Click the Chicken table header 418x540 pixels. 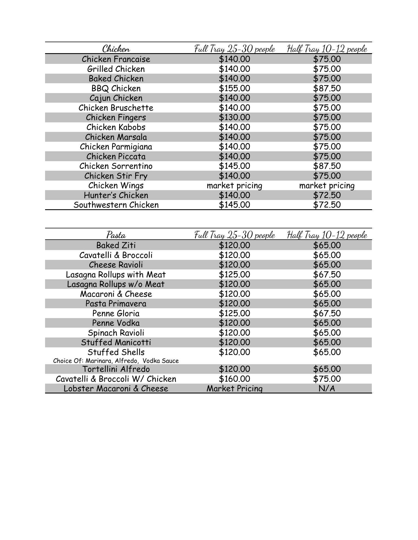pyautogui.click(x=116, y=49)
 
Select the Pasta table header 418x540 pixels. pyautogui.click(x=116, y=235)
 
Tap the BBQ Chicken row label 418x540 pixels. pyautogui.click(x=116, y=88)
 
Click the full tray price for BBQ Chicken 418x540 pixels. pyautogui.click(x=234, y=88)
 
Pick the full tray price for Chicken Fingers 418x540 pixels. pyautogui.click(x=234, y=117)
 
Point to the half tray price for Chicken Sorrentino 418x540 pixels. pyautogui.click(x=327, y=166)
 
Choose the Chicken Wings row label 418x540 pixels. pyautogui.click(x=116, y=185)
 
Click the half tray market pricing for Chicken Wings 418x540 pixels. pyautogui.click(x=327, y=185)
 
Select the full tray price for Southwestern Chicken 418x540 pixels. pyautogui.click(x=234, y=205)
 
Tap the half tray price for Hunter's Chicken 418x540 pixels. pyautogui.click(x=327, y=195)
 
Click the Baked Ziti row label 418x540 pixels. pyautogui.click(x=116, y=245)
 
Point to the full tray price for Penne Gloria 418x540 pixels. pyautogui.click(x=234, y=313)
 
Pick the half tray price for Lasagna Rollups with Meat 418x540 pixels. pyautogui.click(x=327, y=274)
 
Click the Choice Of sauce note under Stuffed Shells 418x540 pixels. pyautogui.click(x=116, y=361)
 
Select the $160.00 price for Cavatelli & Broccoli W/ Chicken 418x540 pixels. pyautogui.click(x=234, y=379)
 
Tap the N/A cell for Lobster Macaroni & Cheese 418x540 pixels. pyautogui.click(x=327, y=388)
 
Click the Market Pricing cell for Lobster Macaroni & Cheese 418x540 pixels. pyautogui.click(x=234, y=388)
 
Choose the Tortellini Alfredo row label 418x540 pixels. pyautogui.click(x=116, y=369)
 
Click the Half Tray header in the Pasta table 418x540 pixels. pyautogui.click(x=327, y=235)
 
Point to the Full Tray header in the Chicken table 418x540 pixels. pyautogui.click(x=234, y=49)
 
